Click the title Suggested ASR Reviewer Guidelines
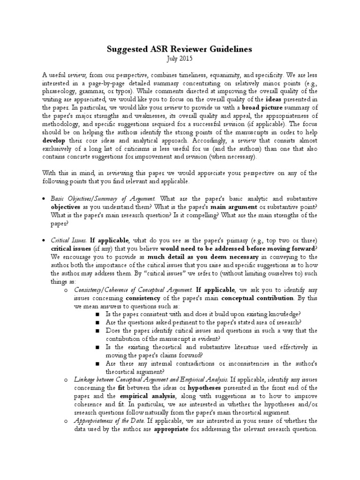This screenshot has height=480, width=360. pos(180,49)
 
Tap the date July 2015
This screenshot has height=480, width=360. pos(180,59)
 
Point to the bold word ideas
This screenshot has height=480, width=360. pos(276,99)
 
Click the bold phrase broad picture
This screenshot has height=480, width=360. pos(251,107)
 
